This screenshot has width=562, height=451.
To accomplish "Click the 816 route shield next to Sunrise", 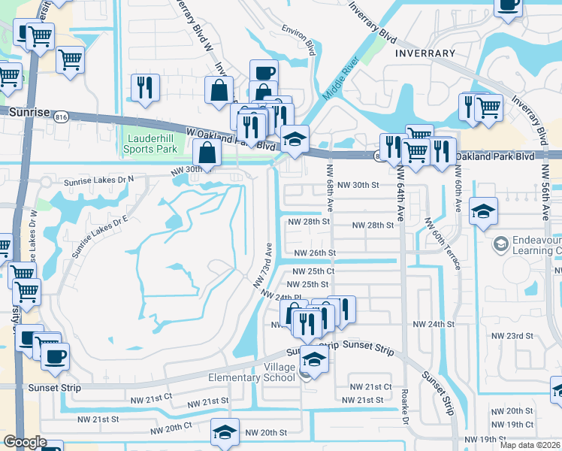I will coord(62,116).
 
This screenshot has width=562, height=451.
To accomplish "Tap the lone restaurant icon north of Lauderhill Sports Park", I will coord(145,87).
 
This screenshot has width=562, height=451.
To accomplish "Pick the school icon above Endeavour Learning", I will coord(483,211).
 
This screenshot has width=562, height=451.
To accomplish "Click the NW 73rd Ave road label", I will coord(261,265).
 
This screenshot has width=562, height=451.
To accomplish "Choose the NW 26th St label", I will coord(314,254).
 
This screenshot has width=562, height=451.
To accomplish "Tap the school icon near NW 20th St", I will coord(224,432).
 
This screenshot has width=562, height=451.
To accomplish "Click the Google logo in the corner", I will coord(24,442).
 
